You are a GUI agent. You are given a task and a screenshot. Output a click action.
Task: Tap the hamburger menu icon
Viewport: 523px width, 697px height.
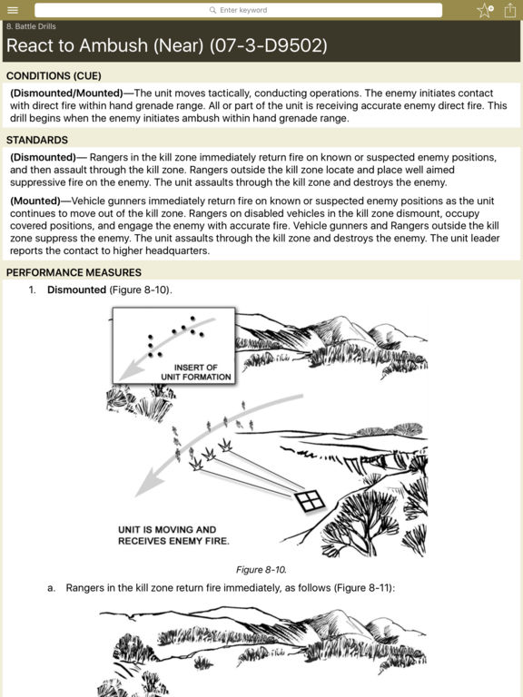click(13, 10)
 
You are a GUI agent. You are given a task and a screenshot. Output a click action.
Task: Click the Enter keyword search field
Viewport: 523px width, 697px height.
click(239, 10)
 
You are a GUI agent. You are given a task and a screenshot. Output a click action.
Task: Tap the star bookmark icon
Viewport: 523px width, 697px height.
click(485, 10)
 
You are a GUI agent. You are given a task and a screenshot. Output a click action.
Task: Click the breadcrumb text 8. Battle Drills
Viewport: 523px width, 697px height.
click(31, 26)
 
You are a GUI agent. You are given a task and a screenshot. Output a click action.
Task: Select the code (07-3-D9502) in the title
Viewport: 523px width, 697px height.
click(268, 45)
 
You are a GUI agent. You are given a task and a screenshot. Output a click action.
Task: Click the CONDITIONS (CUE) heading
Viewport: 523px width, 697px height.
click(54, 76)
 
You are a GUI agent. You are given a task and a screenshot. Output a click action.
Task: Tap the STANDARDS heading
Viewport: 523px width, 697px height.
click(37, 140)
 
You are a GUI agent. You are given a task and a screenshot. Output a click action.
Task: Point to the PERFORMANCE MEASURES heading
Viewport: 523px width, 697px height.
click(74, 272)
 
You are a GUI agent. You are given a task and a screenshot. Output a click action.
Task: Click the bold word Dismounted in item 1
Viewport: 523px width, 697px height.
click(76, 290)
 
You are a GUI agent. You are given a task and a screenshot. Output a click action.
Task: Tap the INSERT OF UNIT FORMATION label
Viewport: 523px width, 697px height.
click(196, 372)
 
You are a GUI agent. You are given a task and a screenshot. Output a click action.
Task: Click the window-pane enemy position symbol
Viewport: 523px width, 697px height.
click(310, 501)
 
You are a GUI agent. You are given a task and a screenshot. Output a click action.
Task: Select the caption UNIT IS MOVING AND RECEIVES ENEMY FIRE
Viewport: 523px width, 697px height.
click(173, 535)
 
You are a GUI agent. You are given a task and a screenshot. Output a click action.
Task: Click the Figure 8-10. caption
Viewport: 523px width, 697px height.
click(261, 570)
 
